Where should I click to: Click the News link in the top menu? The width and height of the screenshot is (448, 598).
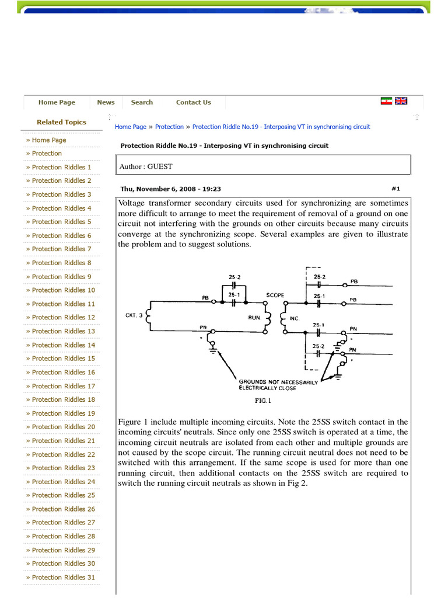(106, 102)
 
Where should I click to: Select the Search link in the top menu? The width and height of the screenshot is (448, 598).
(142, 102)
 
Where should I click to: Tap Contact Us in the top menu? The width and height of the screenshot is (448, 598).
(194, 102)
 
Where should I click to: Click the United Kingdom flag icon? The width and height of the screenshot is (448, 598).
(401, 101)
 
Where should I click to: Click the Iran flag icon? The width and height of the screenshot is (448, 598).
(386, 101)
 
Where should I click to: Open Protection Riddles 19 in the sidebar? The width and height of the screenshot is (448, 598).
(63, 413)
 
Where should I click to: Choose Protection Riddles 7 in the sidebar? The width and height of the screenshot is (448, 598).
(61, 249)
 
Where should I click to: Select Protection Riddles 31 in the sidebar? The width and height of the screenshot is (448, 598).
(63, 578)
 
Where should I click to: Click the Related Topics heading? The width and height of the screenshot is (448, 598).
(61, 122)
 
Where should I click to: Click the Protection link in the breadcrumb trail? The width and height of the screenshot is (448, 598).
(169, 127)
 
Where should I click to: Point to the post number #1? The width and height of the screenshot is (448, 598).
(395, 189)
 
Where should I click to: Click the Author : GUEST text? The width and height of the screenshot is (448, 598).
(146, 166)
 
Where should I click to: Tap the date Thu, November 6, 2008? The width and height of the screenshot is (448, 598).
(170, 189)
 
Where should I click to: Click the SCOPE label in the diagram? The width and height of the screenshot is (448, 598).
(275, 295)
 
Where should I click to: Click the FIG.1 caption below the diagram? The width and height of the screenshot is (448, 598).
(264, 401)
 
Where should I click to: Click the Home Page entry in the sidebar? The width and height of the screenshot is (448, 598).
(49, 140)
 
